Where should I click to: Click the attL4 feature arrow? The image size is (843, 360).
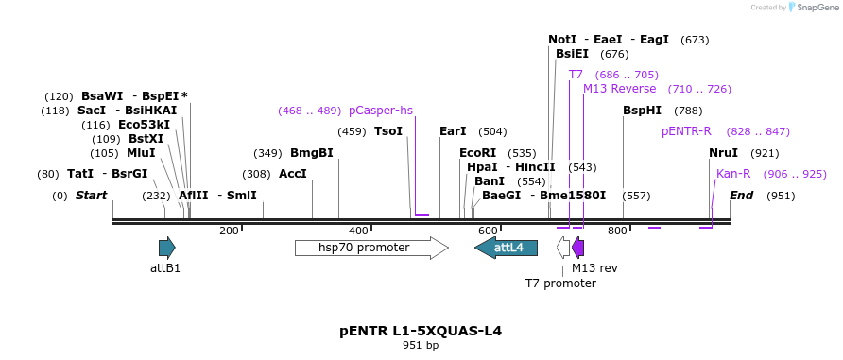click(506, 248)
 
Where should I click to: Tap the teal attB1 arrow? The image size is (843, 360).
click(166, 248)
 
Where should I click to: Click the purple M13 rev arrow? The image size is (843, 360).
click(578, 248)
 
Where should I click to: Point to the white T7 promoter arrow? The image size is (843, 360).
click(563, 248)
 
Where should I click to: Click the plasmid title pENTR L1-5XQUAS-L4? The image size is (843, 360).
click(421, 331)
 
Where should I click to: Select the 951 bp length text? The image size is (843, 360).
click(421, 346)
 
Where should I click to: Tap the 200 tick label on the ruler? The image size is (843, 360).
click(229, 231)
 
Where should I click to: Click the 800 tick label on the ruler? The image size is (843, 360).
click(617, 231)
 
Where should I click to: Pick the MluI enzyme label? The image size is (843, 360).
click(141, 153)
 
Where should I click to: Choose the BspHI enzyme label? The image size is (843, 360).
click(643, 111)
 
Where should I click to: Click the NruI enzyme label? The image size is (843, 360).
click(724, 153)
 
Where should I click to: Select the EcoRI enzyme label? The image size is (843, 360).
click(477, 153)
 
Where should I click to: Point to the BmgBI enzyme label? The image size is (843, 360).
click(311, 153)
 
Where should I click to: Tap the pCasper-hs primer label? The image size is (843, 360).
click(381, 111)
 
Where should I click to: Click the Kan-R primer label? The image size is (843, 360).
click(733, 174)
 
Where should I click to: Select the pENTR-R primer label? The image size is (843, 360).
click(687, 131)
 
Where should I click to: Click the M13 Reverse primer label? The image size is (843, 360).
click(619, 89)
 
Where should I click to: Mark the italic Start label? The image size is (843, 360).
click(91, 196)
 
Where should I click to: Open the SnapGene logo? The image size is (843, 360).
click(813, 7)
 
